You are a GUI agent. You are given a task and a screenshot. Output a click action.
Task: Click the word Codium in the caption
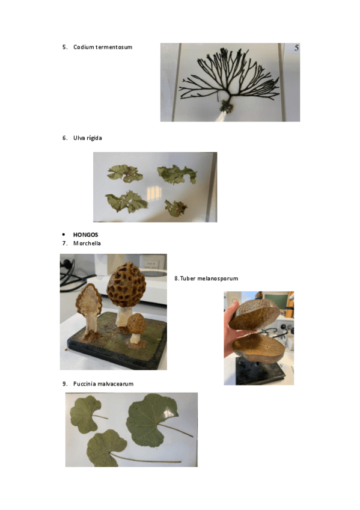point(84,47)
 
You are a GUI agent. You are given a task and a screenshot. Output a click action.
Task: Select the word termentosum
point(114,47)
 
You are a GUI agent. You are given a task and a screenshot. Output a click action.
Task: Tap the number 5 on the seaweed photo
point(296,48)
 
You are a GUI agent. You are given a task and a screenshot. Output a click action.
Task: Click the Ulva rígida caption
point(87,138)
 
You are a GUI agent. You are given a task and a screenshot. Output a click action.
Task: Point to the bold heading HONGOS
point(85,235)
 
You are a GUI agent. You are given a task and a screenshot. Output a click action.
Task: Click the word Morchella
point(87,244)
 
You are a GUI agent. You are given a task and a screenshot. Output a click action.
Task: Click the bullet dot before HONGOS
point(64,235)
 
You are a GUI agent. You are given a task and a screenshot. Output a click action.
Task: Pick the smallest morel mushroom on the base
point(136,328)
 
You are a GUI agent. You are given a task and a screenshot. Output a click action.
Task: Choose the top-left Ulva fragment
point(125,173)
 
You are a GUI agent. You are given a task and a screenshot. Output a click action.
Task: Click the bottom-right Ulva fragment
point(175,208)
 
